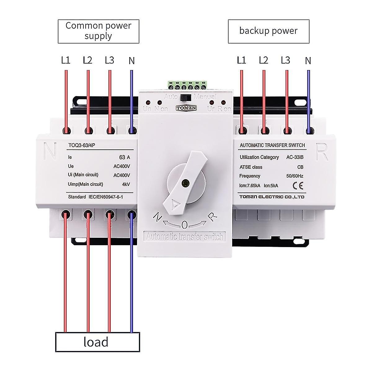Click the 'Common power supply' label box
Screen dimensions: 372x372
pyautogui.click(x=98, y=31)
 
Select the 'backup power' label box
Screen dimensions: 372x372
pyautogui.click(x=268, y=31)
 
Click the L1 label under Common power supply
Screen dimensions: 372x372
pyautogui.click(x=65, y=60)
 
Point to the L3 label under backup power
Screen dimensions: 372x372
pyautogui.click(x=285, y=60)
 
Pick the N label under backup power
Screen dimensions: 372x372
pyautogui.click(x=308, y=61)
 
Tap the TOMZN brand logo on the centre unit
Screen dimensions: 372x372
pyautogui.click(x=185, y=108)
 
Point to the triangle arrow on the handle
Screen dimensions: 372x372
pyautogui.click(x=175, y=204)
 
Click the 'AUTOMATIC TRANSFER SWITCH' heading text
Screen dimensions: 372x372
pyautogui.click(x=272, y=145)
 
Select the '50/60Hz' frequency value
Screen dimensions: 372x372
pyautogui.click(x=294, y=176)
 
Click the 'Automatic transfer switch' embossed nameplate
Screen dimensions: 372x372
pyautogui.click(x=184, y=237)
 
